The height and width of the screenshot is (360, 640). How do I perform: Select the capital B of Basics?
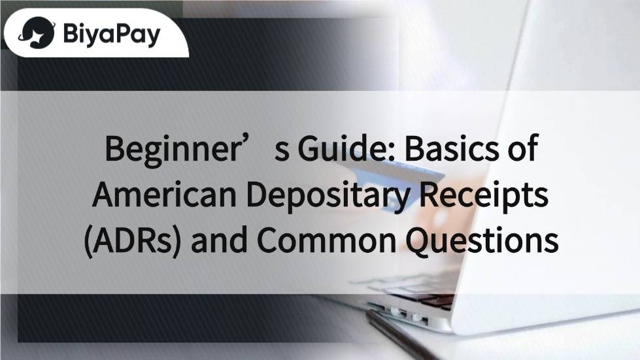point(413,149)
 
